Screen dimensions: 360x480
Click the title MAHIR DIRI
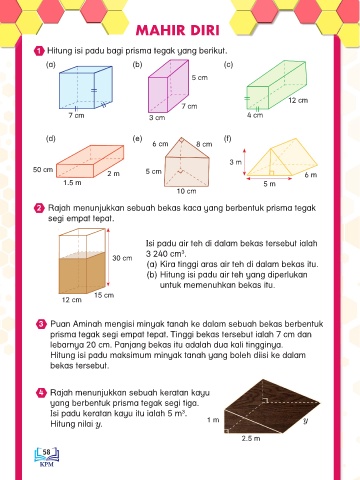coord(178,31)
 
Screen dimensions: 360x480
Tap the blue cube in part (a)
coord(86,87)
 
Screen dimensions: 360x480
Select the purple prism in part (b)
coord(168,86)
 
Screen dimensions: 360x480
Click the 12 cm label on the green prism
coord(298,100)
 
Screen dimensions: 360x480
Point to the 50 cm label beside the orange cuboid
coord(43,170)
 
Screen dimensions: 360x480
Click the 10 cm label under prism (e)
coord(186,191)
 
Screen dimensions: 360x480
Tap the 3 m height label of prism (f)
coord(235,162)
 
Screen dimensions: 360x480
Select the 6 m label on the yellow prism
coord(311,175)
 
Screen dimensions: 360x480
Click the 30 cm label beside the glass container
coord(122,258)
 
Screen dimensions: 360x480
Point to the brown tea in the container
coord(82,273)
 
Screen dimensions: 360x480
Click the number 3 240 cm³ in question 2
coord(165,254)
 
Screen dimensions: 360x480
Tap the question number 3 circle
coord(41,324)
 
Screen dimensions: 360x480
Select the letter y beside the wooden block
coord(305,421)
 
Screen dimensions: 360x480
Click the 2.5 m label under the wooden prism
coord(251,439)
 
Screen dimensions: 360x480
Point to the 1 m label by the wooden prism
coord(213,420)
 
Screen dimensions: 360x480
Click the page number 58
coord(46,452)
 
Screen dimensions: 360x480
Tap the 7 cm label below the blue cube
coord(76,116)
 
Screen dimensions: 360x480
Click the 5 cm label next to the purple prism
coord(199,78)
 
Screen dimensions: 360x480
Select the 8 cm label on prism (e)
coord(204,144)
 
